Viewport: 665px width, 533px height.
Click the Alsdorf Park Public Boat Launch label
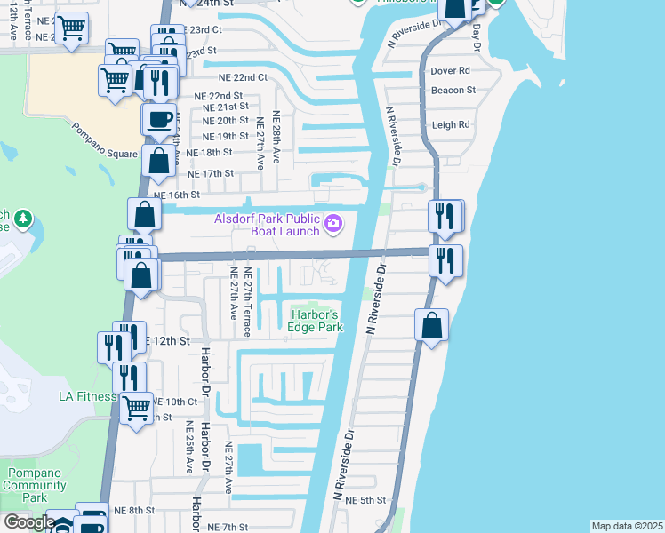tap(266, 226)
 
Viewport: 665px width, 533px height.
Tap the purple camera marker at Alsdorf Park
tap(333, 224)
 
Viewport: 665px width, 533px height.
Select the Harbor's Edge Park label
tap(314, 321)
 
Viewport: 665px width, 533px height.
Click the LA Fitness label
tap(87, 396)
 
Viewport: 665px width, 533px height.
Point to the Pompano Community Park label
tap(36, 485)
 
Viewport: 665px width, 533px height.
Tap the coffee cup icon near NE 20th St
tap(159, 118)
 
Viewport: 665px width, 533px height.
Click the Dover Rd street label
tap(450, 71)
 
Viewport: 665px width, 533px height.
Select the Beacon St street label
tap(453, 91)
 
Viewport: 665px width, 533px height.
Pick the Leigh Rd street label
tap(450, 125)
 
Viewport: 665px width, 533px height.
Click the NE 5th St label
tap(365, 501)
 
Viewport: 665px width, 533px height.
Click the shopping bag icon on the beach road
tap(431, 324)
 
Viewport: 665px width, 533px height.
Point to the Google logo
tap(29, 522)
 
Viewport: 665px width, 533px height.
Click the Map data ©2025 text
tap(627, 526)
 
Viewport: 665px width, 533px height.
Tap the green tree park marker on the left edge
tap(22, 218)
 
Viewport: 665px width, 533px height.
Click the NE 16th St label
tap(177, 195)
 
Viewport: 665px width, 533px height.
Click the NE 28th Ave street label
tap(276, 137)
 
